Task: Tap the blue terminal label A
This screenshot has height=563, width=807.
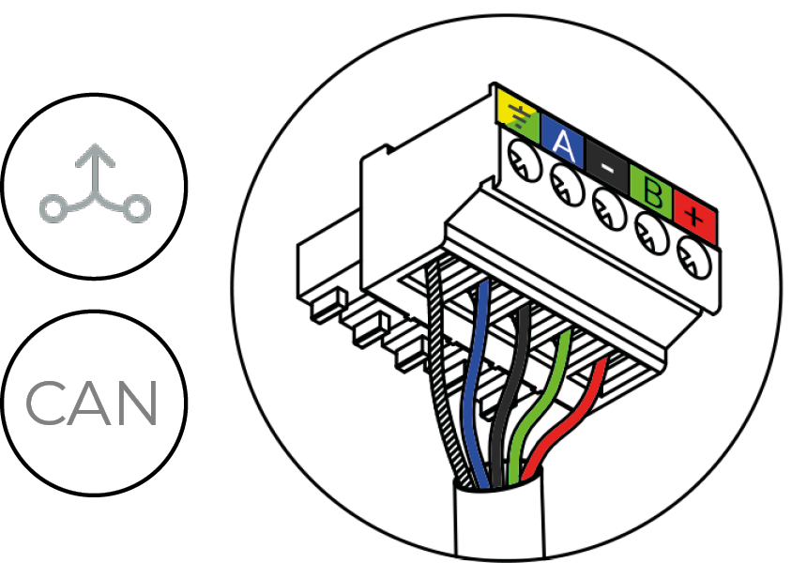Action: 562,142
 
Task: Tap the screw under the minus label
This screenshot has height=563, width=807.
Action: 609,203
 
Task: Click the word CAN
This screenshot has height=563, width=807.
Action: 92,403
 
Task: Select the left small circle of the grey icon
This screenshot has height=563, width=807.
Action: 52,209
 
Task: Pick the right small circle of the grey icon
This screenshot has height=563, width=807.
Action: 137,209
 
